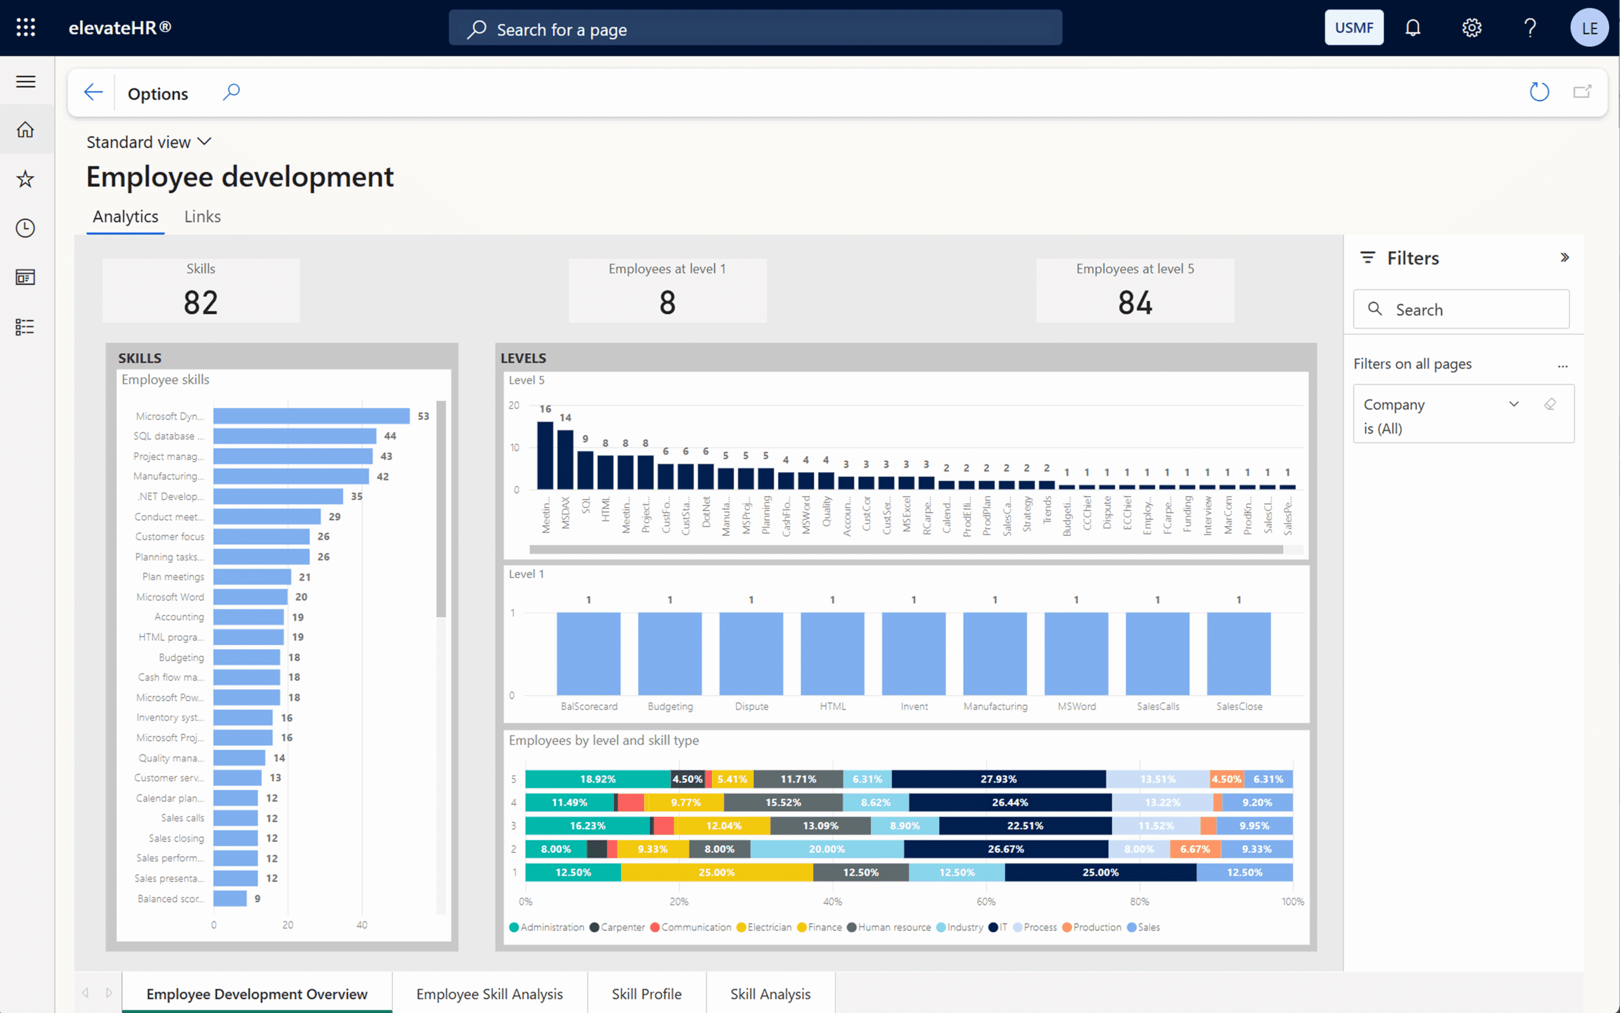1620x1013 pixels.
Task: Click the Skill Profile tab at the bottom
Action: pyautogui.click(x=646, y=993)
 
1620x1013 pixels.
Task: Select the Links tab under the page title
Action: pyautogui.click(x=202, y=216)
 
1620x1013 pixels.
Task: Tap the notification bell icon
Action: pyautogui.click(x=1412, y=27)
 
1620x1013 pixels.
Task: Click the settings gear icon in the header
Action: pyautogui.click(x=1471, y=27)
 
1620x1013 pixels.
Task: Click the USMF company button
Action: pyautogui.click(x=1354, y=27)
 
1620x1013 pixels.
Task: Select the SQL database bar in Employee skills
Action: pyautogui.click(x=295, y=436)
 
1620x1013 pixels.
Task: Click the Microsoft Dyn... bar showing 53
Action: pyautogui.click(x=311, y=416)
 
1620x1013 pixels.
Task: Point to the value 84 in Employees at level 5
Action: pyautogui.click(x=1135, y=303)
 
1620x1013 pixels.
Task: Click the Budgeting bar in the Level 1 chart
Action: pyautogui.click(x=670, y=653)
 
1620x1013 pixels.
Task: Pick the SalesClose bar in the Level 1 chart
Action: pyautogui.click(x=1238, y=653)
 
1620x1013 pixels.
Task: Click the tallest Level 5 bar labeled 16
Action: pyautogui.click(x=545, y=456)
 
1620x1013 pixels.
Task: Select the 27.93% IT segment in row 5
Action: pyautogui.click(x=999, y=779)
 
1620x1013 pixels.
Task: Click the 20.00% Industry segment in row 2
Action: pyautogui.click(x=826, y=849)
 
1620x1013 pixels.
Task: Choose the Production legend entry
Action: pyautogui.click(x=1096, y=927)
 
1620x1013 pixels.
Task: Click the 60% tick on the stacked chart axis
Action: pyautogui.click(x=985, y=902)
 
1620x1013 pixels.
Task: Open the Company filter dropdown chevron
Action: pyautogui.click(x=1514, y=404)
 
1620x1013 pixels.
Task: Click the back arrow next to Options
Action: pyautogui.click(x=93, y=92)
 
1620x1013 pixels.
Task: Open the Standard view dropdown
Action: pyautogui.click(x=149, y=142)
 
